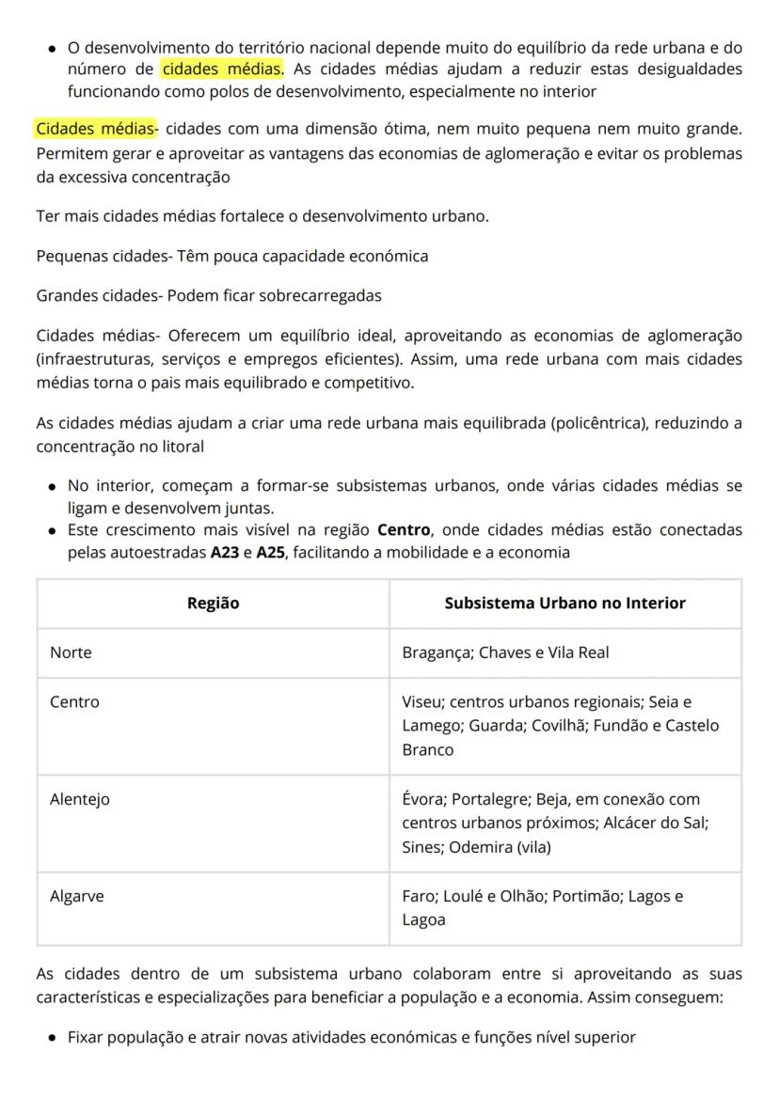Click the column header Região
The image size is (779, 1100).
pyautogui.click(x=213, y=604)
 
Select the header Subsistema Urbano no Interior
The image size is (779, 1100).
pyautogui.click(x=564, y=604)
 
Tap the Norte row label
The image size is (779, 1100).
pyautogui.click(x=71, y=652)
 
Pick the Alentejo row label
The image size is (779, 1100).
pyautogui.click(x=80, y=799)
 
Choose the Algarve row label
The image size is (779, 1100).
pyautogui.click(x=77, y=896)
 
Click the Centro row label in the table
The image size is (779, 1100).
pyautogui.click(x=74, y=701)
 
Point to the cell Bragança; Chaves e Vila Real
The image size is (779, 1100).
pyautogui.click(x=505, y=652)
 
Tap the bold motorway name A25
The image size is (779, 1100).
pyautogui.click(x=271, y=552)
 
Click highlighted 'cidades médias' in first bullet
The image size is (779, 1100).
pyautogui.click(x=222, y=69)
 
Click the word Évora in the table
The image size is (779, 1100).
pyautogui.click(x=421, y=799)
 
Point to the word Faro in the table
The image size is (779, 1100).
pyautogui.click(x=418, y=896)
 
